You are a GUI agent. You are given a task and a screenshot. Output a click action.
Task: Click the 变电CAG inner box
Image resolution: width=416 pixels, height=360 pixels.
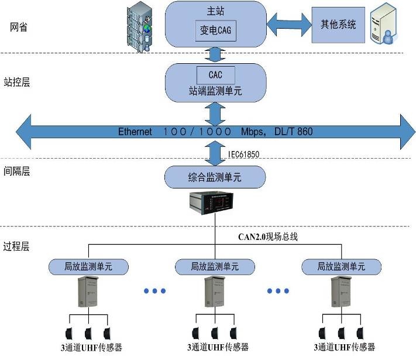tap(215, 31)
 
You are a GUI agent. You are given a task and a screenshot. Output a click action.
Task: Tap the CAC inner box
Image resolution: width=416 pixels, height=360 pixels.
tap(215, 75)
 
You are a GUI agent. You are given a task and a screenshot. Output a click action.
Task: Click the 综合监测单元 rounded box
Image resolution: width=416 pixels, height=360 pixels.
tap(215, 176)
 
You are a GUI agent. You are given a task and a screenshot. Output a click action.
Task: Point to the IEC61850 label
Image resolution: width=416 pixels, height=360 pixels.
tap(244, 154)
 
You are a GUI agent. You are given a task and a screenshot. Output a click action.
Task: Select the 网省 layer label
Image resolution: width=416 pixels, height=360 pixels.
tap(19, 27)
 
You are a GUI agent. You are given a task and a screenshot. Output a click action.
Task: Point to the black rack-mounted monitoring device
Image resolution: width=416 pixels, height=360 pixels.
tap(215, 203)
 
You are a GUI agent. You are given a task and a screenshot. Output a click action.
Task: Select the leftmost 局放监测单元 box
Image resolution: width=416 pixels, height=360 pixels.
tap(88, 266)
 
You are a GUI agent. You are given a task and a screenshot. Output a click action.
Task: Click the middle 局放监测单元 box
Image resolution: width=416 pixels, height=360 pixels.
tap(215, 266)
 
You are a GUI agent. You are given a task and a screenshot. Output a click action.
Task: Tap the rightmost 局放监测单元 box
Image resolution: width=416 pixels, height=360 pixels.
tap(341, 266)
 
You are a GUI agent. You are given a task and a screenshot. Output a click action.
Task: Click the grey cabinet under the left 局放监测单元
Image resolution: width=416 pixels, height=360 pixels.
tap(87, 292)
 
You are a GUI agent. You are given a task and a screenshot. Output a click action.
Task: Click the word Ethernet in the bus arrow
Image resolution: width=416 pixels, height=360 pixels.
tap(135, 132)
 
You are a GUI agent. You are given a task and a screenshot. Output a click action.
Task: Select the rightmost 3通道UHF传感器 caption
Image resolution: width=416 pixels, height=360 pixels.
tap(345, 347)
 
